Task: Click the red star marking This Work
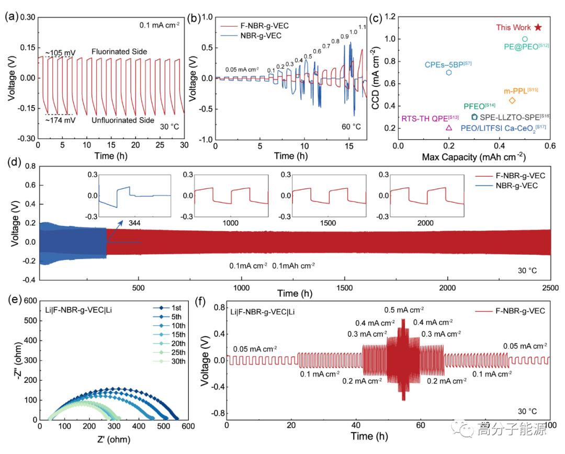538,27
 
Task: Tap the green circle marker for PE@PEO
525,39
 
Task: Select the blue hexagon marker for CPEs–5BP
449,72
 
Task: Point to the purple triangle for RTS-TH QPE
449,128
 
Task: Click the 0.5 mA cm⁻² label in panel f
404,310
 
